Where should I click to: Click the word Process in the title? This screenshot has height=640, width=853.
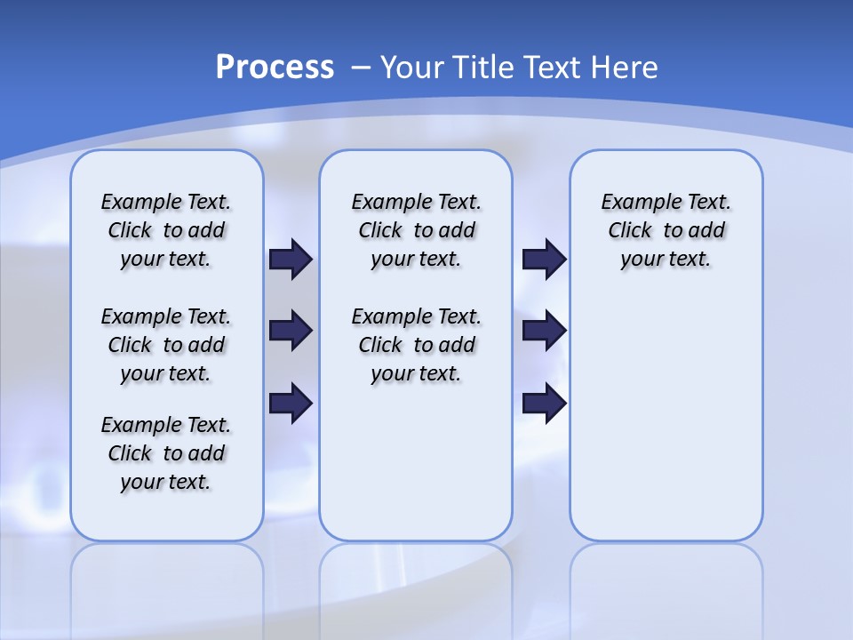275,68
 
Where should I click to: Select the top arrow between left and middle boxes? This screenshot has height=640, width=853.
291,259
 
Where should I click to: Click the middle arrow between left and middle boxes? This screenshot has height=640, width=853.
291,331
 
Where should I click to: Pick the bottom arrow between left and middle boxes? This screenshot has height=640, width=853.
291,403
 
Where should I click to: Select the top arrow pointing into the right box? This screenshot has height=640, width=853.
544,259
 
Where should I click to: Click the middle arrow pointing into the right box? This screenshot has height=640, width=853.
544,331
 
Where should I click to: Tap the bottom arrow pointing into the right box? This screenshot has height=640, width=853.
544,403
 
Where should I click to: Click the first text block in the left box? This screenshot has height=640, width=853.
166,230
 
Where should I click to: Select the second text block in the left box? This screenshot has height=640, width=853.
166,345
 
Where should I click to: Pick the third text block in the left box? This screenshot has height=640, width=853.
166,453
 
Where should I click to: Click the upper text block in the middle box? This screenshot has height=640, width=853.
416,230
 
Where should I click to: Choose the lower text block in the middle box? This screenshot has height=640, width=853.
416,345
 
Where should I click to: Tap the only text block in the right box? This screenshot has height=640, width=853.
666,230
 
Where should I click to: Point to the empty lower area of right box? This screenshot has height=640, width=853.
666,418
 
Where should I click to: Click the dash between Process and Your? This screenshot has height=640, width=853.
361,68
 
